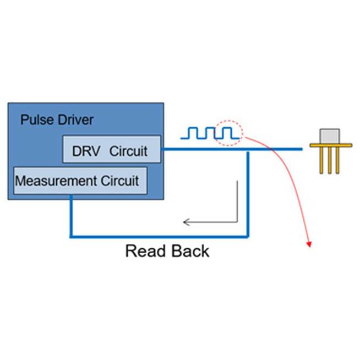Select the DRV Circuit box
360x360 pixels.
click(x=112, y=149)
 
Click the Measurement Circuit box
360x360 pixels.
click(x=80, y=181)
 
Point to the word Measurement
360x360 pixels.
click(x=54, y=181)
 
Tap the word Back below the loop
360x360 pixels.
click(x=189, y=251)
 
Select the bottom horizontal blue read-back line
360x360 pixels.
click(x=159, y=237)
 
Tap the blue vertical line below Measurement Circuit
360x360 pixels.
click(x=71, y=218)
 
